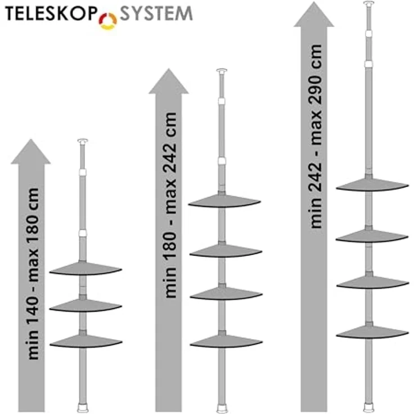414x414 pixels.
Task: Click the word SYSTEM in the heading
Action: (156, 13)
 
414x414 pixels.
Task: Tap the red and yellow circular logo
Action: (108, 21)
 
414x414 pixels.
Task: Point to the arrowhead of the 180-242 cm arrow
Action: (169, 82)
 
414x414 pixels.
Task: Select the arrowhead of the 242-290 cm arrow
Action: (314, 14)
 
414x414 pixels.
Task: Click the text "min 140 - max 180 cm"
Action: (34, 273)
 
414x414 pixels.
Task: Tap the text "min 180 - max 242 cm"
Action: (170, 205)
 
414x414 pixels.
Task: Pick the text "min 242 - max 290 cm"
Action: (316, 136)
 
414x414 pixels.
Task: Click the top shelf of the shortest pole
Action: (85, 269)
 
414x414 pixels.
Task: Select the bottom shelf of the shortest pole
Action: (86, 341)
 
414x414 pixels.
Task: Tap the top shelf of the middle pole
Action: (224, 201)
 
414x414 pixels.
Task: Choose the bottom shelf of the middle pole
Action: (226, 341)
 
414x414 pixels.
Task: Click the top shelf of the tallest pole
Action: (372, 185)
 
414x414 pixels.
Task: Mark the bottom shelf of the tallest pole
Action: (372, 332)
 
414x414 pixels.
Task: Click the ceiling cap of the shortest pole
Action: (83, 141)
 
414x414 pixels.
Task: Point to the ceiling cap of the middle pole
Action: (222, 71)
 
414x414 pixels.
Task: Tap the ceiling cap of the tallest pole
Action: (368, 3)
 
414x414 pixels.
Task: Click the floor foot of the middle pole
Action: (222, 408)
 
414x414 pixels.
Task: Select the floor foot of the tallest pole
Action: (368, 408)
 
